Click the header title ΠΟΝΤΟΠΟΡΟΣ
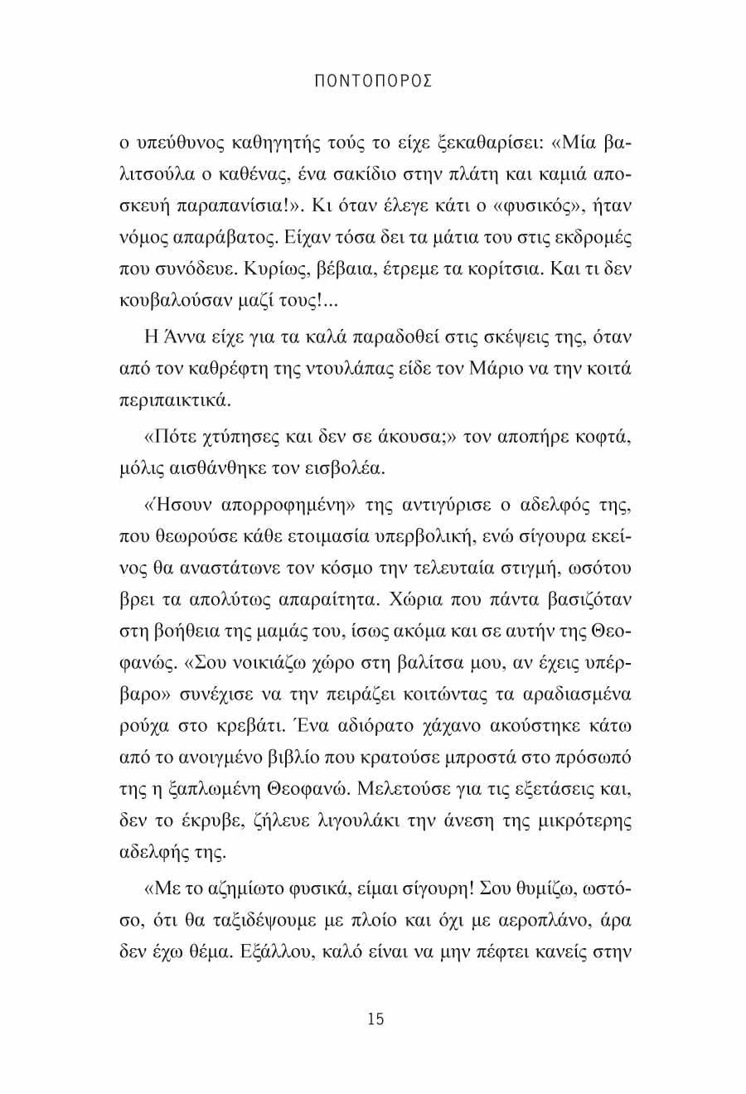(375, 81)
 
